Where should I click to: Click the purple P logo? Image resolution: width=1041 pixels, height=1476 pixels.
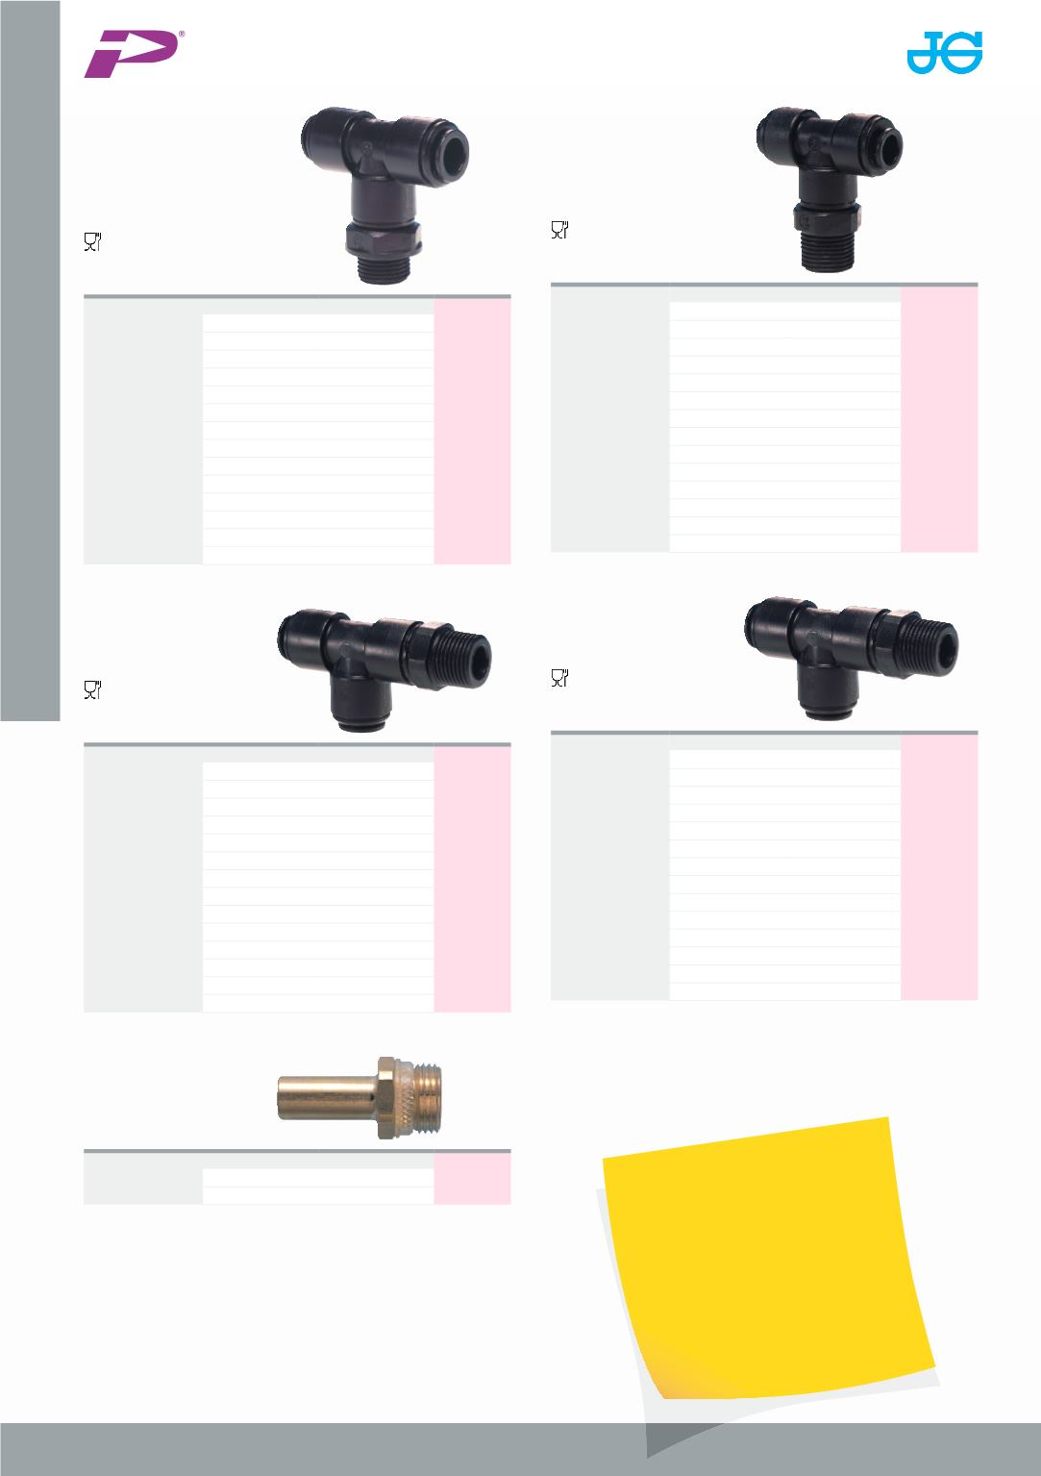click(132, 54)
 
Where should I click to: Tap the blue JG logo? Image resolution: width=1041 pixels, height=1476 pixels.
click(944, 52)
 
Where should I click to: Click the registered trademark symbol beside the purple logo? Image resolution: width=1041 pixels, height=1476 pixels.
click(182, 34)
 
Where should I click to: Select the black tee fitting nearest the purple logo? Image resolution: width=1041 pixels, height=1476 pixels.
click(384, 194)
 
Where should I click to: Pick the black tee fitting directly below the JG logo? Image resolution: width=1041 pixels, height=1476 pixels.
click(830, 188)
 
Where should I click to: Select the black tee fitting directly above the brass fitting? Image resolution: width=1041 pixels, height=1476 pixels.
click(384, 669)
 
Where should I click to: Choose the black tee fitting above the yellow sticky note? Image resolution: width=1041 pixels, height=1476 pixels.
click(852, 658)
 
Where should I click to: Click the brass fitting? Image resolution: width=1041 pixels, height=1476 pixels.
click(359, 1098)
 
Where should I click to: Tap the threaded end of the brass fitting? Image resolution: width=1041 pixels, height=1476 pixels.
click(424, 1098)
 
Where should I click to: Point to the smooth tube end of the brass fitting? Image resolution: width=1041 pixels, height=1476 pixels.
click(325, 1097)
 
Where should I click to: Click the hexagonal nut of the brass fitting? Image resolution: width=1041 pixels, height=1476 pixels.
click(389, 1098)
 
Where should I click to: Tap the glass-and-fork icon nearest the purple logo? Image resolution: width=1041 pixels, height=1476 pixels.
click(93, 241)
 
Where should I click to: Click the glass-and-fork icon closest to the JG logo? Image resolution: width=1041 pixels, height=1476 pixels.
click(560, 229)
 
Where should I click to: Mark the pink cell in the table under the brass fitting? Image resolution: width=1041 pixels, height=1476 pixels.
click(472, 1178)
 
